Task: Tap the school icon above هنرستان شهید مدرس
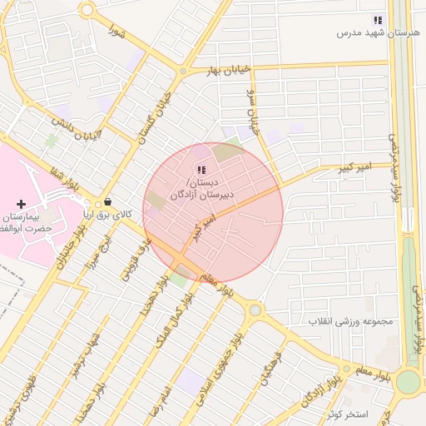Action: point(378,19)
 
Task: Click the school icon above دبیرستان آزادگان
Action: point(201,170)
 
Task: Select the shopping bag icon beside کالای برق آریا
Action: point(108,201)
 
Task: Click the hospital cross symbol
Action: point(21,204)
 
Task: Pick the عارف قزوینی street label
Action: point(134,260)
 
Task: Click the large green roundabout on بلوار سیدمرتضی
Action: point(408,381)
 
